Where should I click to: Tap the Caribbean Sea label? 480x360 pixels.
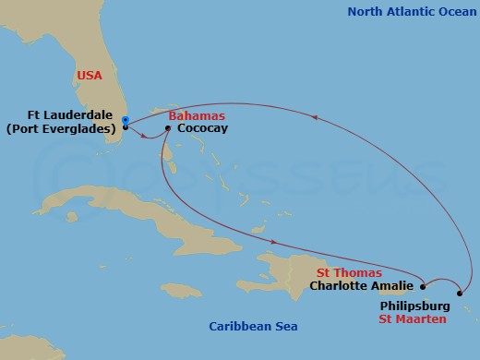point(247,327)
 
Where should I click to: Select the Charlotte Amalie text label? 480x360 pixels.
point(362,286)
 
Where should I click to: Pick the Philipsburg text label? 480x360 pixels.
point(414,304)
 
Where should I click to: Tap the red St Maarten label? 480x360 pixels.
point(412,318)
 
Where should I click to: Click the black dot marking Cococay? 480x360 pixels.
point(167,128)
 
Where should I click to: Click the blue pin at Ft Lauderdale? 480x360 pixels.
point(125,120)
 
